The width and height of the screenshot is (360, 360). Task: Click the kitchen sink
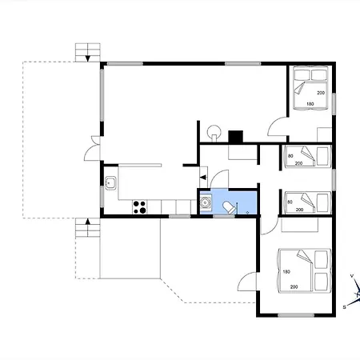(110, 183)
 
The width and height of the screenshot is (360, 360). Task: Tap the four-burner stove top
(139, 207)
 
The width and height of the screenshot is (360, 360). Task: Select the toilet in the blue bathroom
(230, 207)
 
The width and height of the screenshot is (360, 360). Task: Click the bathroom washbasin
(206, 202)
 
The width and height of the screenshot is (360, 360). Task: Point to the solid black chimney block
(235, 137)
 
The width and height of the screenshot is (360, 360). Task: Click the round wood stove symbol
(214, 132)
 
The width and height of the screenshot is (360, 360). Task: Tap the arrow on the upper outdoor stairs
(87, 58)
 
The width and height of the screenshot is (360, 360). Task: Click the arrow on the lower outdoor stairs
(88, 222)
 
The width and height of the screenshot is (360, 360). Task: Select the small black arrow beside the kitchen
(203, 177)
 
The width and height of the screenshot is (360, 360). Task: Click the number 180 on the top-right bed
(310, 104)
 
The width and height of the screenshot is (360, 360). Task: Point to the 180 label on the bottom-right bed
(286, 272)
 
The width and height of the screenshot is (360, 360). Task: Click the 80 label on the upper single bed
(290, 156)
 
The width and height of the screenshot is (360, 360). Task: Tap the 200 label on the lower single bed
(299, 210)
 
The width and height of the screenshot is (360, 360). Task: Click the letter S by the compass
(344, 307)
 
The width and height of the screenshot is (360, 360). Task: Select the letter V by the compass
(352, 276)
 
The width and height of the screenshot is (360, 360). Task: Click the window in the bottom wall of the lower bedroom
(296, 315)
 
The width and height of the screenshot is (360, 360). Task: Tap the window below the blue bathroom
(224, 216)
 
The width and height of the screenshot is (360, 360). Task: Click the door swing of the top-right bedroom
(278, 126)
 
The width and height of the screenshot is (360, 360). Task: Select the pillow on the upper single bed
(322, 156)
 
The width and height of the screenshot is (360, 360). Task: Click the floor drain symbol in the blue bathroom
(248, 213)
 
